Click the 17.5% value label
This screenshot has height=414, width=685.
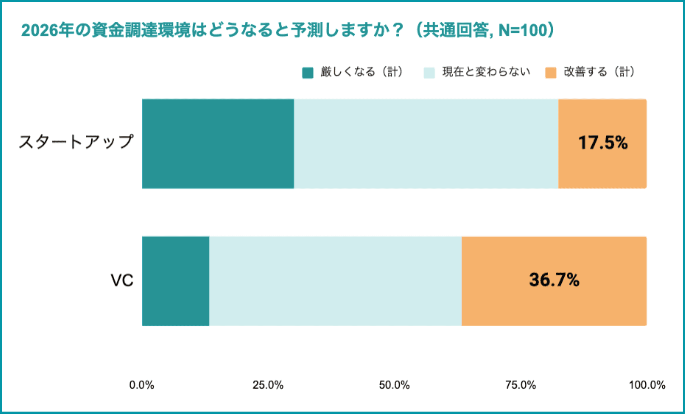[x=603, y=143]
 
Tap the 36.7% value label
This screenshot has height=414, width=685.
[x=554, y=280]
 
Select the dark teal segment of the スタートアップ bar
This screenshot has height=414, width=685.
[x=218, y=144]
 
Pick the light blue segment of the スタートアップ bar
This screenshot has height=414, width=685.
[x=426, y=144]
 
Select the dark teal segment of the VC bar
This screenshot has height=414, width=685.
[x=175, y=281]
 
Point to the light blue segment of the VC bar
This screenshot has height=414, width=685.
[x=335, y=281]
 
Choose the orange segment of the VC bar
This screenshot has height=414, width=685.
[x=554, y=306]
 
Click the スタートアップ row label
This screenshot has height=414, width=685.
[x=76, y=142]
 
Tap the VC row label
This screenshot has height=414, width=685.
[x=122, y=280]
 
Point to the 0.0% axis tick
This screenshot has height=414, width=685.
[x=142, y=385]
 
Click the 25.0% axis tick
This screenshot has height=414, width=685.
[x=268, y=385]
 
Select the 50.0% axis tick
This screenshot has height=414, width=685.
[x=394, y=385]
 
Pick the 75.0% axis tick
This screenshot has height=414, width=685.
[x=520, y=385]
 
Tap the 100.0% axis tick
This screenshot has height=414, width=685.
[x=647, y=385]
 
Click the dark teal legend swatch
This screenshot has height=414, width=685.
[x=307, y=73]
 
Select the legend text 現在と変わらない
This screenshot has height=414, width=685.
[x=486, y=72]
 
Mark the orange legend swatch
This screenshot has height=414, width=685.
[x=550, y=73]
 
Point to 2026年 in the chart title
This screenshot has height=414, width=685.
[x=47, y=30]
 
